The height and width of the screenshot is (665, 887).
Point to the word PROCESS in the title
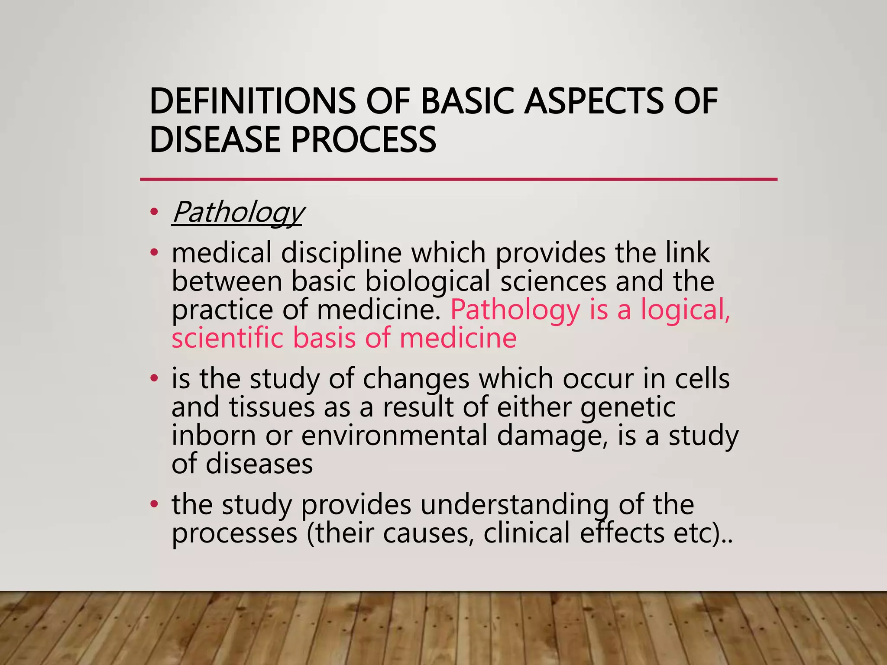point(363,139)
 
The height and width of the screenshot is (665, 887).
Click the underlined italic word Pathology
point(238,212)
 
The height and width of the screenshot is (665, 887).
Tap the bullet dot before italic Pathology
point(153,212)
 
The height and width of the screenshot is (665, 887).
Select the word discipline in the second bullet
point(341,253)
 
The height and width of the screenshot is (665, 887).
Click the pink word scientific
point(227,338)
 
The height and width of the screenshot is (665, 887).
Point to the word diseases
point(259,464)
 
